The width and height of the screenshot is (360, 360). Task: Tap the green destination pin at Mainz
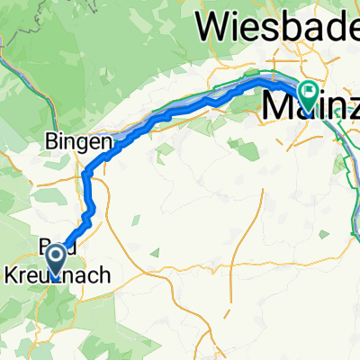pos(309,94)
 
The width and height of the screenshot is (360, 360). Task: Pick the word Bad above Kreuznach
pos(54,248)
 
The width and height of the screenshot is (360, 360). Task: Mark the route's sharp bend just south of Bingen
pos(86,170)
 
